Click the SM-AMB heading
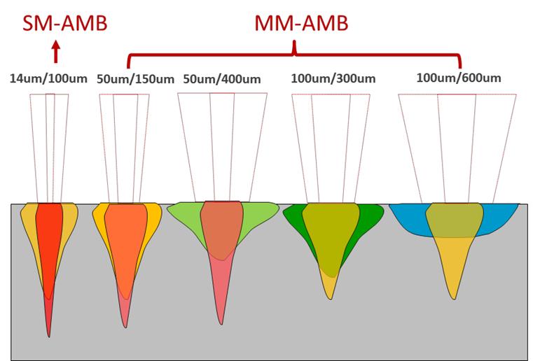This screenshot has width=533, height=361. pos(55,24)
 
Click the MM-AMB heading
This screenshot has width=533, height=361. pos(300,24)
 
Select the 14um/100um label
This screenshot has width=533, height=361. pos(48,78)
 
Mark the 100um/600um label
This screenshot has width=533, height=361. pos(458,77)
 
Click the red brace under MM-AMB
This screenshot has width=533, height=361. pos(295,55)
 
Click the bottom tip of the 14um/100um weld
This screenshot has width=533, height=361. pos(49,334)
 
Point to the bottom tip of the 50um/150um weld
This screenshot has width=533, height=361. pos(125,325)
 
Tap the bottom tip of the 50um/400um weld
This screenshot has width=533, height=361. pos(221,322)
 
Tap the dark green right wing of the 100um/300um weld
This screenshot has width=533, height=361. pos(367,218)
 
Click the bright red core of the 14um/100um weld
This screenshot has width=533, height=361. pos(49,238)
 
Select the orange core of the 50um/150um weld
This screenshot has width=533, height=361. pos(126,238)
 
